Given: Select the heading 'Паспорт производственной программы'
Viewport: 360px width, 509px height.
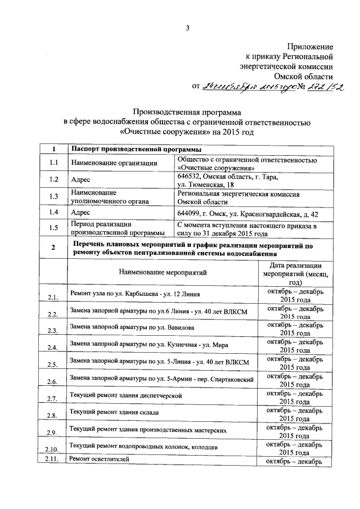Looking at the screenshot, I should [x=133, y=150].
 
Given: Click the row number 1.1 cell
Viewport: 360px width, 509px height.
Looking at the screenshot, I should [x=53, y=163].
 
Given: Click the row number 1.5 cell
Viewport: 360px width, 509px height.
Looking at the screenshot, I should [x=53, y=228].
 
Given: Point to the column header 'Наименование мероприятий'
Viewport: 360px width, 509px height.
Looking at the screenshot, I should [x=163, y=273].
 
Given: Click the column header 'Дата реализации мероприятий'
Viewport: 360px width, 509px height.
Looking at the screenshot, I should [x=295, y=273].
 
